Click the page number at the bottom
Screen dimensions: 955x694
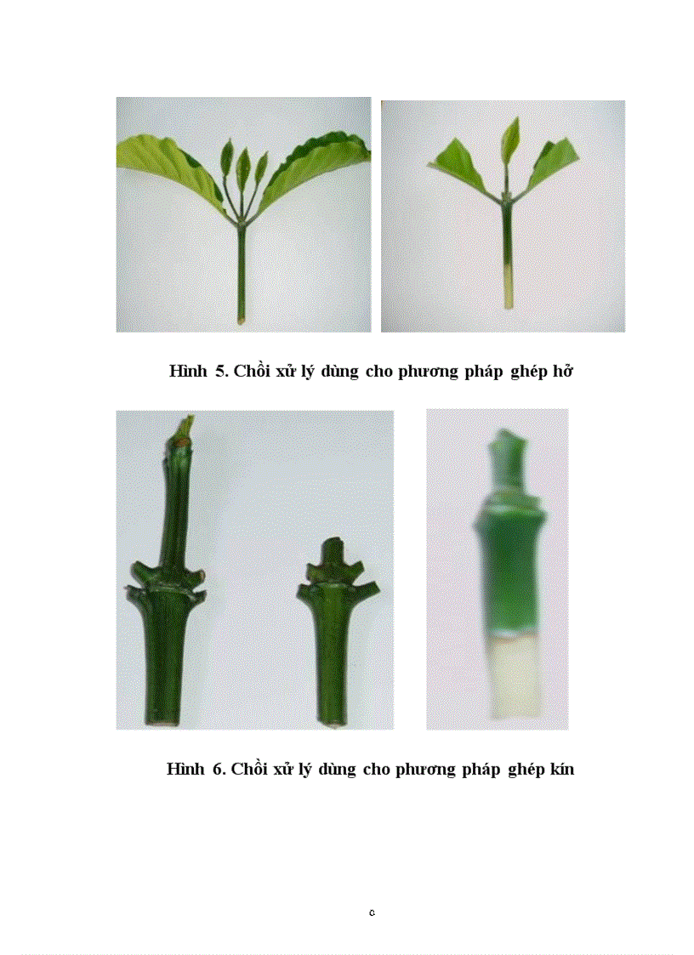point(373,912)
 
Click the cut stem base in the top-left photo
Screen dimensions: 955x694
point(242,318)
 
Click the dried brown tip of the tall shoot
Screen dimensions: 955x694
point(184,426)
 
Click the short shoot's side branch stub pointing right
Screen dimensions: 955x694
point(370,588)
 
